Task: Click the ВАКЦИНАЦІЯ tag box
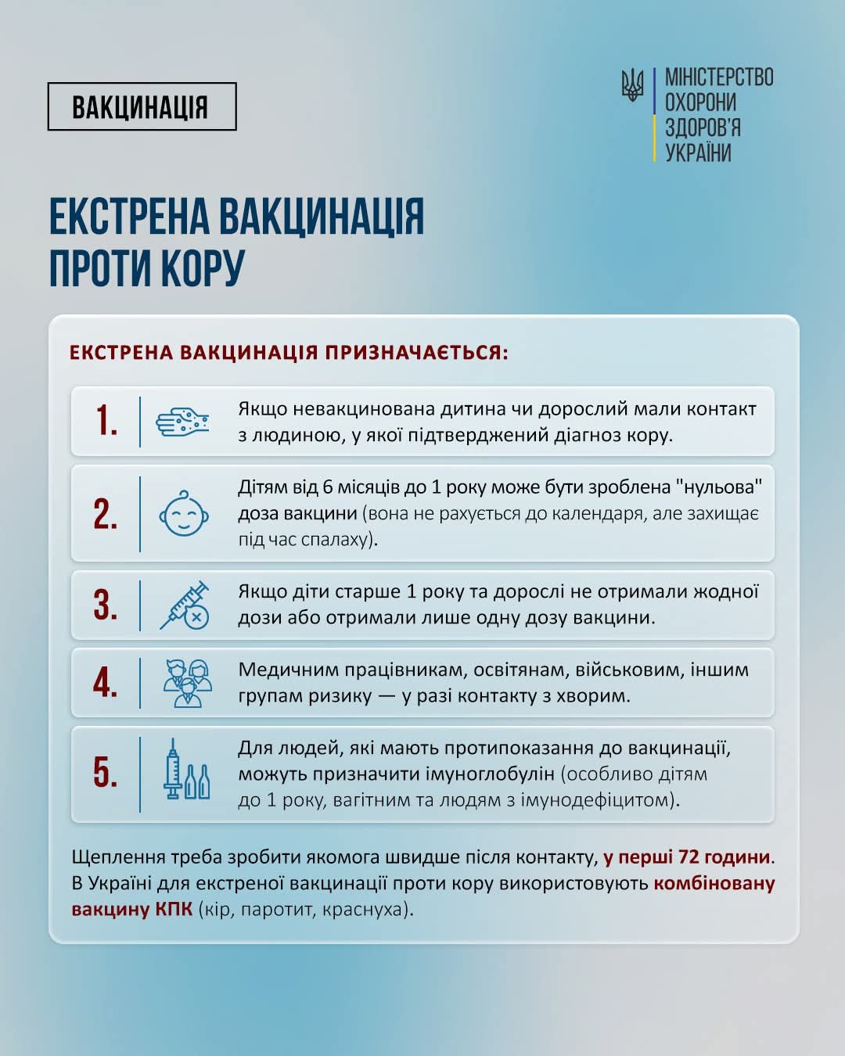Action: [x=142, y=106]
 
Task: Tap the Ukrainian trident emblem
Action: [x=632, y=84]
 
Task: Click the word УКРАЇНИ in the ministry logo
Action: [x=698, y=153]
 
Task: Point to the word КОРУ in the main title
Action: [x=203, y=268]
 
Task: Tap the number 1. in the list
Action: [x=106, y=421]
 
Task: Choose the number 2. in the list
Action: [x=106, y=514]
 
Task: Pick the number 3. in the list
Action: [x=106, y=605]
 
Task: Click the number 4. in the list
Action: [x=106, y=682]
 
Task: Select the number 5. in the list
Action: [x=106, y=772]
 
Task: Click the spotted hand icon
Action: [x=182, y=422]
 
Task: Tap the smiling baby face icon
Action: [x=184, y=514]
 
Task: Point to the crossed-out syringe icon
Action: [x=185, y=605]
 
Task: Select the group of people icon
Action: [x=187, y=683]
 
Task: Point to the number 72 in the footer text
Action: [x=689, y=857]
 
